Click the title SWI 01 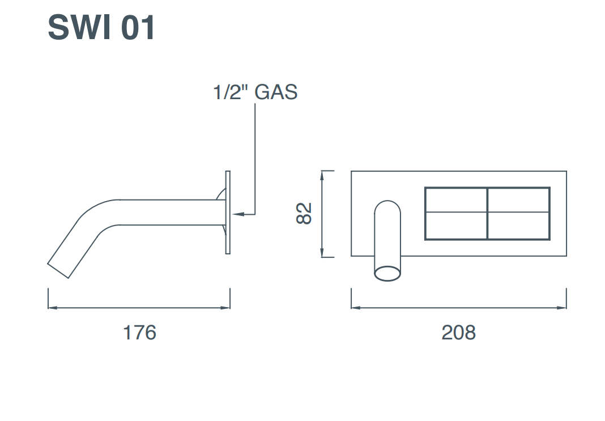101,28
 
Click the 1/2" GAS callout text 255,92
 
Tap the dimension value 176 139,333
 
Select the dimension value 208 458,333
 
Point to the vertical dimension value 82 304,214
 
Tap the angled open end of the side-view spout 58,270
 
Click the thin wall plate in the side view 228,212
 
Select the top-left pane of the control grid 456,200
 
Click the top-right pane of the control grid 518,200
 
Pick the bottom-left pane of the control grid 456,226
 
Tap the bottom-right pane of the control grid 518,226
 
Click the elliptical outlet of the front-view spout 387,273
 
